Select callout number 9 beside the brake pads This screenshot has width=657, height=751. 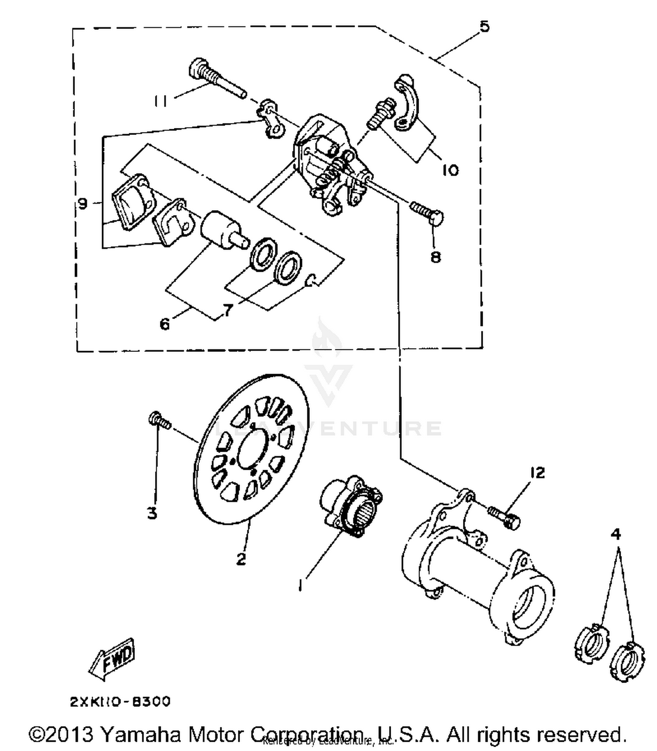click(82, 203)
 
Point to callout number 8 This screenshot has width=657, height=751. click(435, 257)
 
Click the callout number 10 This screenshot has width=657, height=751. click(449, 170)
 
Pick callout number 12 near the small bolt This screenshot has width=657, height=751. click(537, 472)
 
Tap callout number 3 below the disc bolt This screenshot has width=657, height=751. click(152, 513)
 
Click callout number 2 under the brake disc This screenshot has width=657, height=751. click(241, 559)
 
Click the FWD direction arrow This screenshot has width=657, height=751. click(112, 659)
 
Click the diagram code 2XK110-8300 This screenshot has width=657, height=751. click(120, 701)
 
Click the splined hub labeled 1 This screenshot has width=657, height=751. click(350, 506)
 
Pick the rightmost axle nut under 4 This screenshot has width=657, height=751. click(627, 662)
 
